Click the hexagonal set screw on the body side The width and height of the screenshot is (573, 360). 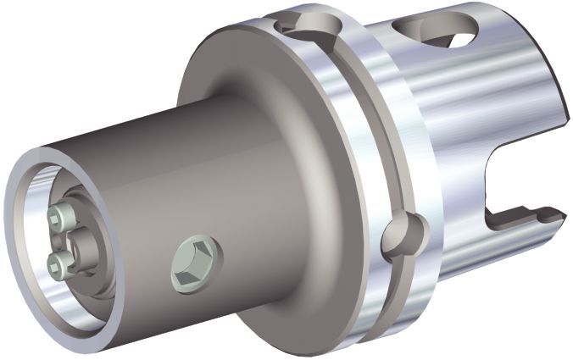(x=196, y=263)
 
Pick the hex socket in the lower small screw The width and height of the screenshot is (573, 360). (x=56, y=264)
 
